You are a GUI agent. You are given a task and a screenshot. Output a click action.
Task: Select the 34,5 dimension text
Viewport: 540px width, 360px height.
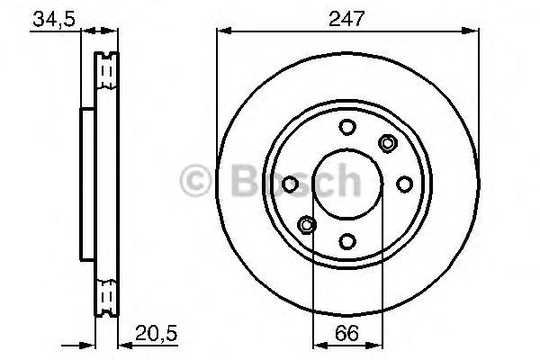coord(52,19)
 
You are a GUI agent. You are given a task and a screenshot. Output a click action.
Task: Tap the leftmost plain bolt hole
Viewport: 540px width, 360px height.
coord(291,184)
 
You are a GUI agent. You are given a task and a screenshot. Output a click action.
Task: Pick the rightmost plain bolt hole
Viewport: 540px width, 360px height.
coord(404,184)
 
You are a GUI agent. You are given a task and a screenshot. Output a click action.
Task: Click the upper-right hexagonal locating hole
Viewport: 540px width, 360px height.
coord(388,142)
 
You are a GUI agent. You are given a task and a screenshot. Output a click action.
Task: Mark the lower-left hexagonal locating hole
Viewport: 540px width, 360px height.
coord(307,224)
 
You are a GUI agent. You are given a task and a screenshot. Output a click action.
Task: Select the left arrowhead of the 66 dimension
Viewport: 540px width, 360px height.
coord(316,344)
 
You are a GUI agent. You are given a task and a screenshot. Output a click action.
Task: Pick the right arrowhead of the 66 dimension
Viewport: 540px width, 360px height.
coord(379,344)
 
